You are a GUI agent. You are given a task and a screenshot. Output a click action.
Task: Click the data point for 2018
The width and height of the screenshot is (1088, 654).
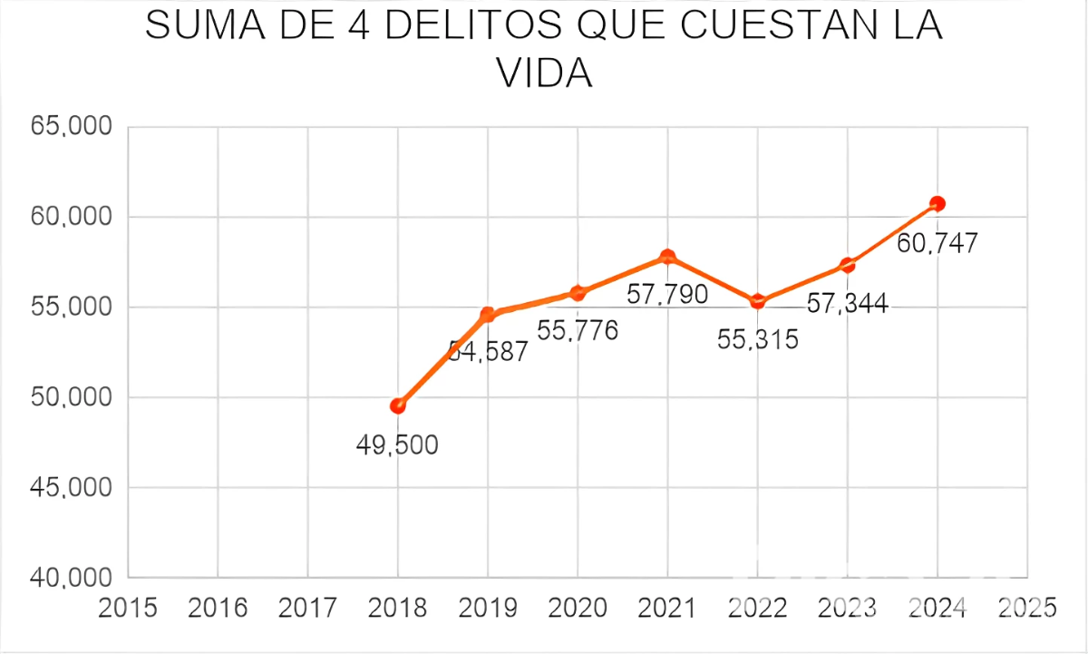[x=397, y=405]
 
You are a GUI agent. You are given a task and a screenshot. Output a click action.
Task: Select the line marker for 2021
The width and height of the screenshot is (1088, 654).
[x=667, y=257]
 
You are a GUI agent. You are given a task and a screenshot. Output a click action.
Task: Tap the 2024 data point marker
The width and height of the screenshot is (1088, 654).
[x=937, y=203]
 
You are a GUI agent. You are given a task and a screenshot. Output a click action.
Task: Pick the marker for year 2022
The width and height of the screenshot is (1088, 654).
[x=758, y=301]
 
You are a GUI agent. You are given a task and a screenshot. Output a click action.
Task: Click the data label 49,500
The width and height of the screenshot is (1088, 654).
[x=397, y=445]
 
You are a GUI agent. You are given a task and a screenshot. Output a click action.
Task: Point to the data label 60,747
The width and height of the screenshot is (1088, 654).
[x=937, y=243]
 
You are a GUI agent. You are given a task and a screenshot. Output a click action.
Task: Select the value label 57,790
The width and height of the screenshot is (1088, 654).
[x=667, y=295]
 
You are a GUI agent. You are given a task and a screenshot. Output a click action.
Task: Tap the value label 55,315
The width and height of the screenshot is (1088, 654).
[x=757, y=340]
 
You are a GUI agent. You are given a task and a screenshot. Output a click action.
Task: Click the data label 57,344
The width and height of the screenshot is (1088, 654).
[x=847, y=304]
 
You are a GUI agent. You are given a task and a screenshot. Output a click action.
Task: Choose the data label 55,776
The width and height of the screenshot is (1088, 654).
[x=578, y=331]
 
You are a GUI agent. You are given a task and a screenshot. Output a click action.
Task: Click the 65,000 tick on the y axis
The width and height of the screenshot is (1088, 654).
[x=71, y=127]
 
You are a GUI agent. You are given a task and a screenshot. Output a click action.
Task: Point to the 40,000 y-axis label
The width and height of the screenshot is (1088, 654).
[x=71, y=578]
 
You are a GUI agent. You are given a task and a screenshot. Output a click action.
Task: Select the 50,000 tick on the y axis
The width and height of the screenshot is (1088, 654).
[x=71, y=397]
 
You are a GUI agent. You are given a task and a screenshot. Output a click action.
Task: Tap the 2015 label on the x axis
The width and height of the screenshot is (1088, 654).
[x=127, y=608]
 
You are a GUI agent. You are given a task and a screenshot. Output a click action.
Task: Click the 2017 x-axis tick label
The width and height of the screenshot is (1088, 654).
[x=307, y=608]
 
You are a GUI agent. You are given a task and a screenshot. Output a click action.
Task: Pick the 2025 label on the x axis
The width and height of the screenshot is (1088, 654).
[x=1026, y=608]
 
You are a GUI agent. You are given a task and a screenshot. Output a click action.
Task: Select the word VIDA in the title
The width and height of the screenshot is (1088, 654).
[x=544, y=74]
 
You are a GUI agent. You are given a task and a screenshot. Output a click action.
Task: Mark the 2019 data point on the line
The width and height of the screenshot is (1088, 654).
[x=488, y=315]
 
